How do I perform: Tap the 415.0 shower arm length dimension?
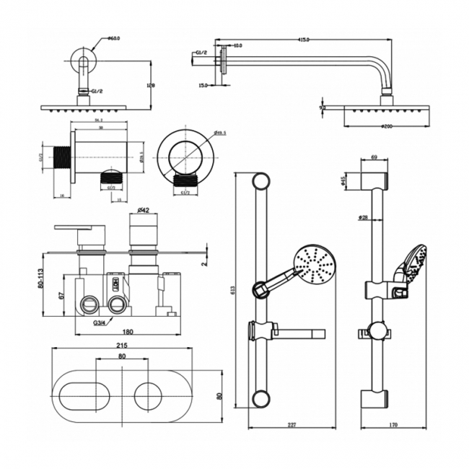(302, 40)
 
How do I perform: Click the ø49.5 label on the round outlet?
(221, 133)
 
